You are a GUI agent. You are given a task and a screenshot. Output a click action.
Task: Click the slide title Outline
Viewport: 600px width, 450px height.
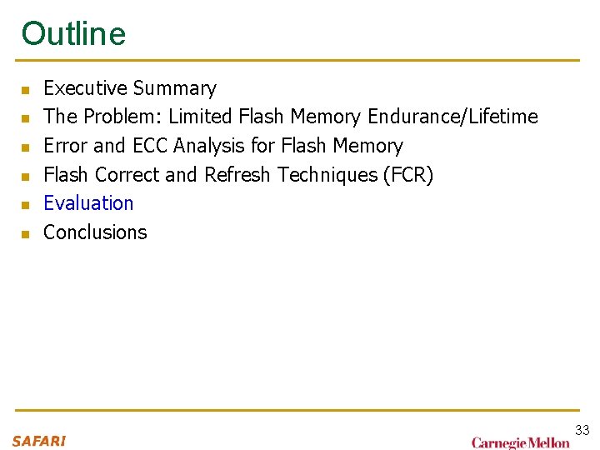click(x=73, y=33)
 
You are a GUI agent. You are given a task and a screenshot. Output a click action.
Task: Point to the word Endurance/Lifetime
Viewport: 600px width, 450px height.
click(x=452, y=117)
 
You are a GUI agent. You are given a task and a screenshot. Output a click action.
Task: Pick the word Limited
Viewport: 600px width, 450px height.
click(x=200, y=117)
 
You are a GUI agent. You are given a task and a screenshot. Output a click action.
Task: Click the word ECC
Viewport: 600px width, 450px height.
click(x=149, y=146)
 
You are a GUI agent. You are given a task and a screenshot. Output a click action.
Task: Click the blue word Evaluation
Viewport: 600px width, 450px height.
click(x=88, y=203)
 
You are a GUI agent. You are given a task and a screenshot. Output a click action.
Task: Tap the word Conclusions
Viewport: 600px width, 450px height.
click(x=95, y=232)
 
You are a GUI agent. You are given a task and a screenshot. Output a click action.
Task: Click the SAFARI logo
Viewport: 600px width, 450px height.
click(x=39, y=441)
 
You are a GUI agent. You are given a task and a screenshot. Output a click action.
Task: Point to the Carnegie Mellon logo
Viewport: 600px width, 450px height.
click(x=521, y=442)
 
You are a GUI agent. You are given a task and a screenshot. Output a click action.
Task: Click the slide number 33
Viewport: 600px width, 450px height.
click(x=582, y=430)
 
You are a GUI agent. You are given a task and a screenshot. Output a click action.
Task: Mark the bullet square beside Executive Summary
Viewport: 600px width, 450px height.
click(x=26, y=89)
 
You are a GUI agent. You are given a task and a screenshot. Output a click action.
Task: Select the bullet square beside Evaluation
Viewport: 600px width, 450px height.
click(x=26, y=204)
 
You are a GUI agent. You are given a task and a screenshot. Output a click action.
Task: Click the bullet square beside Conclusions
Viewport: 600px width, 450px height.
click(x=26, y=233)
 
